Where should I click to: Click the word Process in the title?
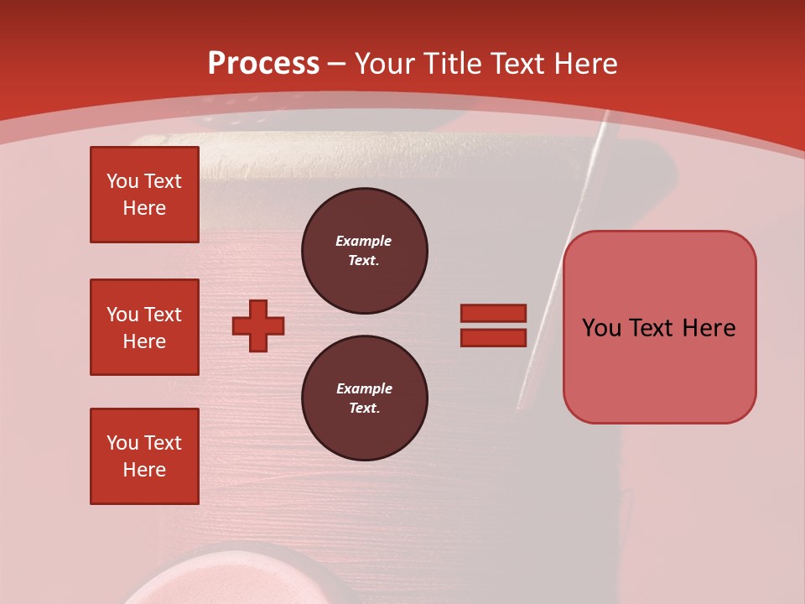click(x=263, y=64)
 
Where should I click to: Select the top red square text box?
click(x=144, y=195)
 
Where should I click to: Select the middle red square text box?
click(x=144, y=327)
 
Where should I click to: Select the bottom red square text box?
click(x=144, y=456)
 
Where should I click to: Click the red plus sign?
click(x=258, y=325)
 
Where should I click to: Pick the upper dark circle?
click(x=365, y=251)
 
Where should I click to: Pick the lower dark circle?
click(x=365, y=398)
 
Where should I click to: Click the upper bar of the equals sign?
click(x=493, y=313)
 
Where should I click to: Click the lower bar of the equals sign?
click(x=493, y=337)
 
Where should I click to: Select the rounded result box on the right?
click(x=659, y=369)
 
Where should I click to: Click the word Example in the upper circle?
click(x=364, y=241)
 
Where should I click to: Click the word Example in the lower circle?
click(x=364, y=388)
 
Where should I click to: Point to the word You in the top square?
click(x=122, y=181)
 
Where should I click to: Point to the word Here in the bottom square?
click(x=144, y=470)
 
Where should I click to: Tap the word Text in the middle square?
click(x=163, y=315)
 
